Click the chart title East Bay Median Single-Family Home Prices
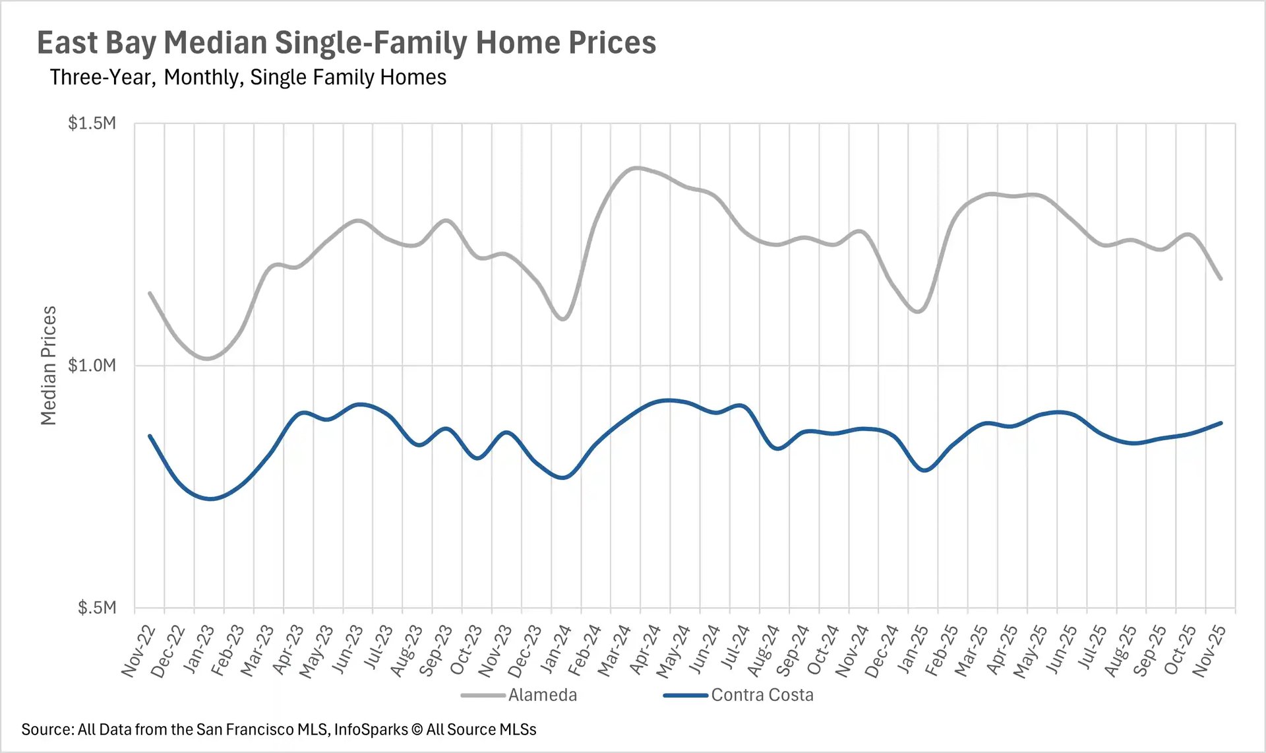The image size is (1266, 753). (346, 43)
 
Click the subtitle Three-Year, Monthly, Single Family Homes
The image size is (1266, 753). (248, 77)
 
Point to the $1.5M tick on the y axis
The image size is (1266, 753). (92, 123)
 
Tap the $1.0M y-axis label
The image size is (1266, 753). (92, 365)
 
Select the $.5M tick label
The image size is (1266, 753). (96, 607)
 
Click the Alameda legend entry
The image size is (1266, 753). (542, 695)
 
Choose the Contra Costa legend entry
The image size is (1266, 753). (762, 695)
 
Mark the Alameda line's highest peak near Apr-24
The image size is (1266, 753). (635, 168)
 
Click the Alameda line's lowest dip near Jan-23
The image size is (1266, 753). (208, 358)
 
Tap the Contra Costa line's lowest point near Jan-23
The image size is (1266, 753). (210, 499)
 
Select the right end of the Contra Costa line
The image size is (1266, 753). (1221, 423)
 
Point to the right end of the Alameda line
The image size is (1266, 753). (1221, 278)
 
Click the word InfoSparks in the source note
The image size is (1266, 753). (371, 729)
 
